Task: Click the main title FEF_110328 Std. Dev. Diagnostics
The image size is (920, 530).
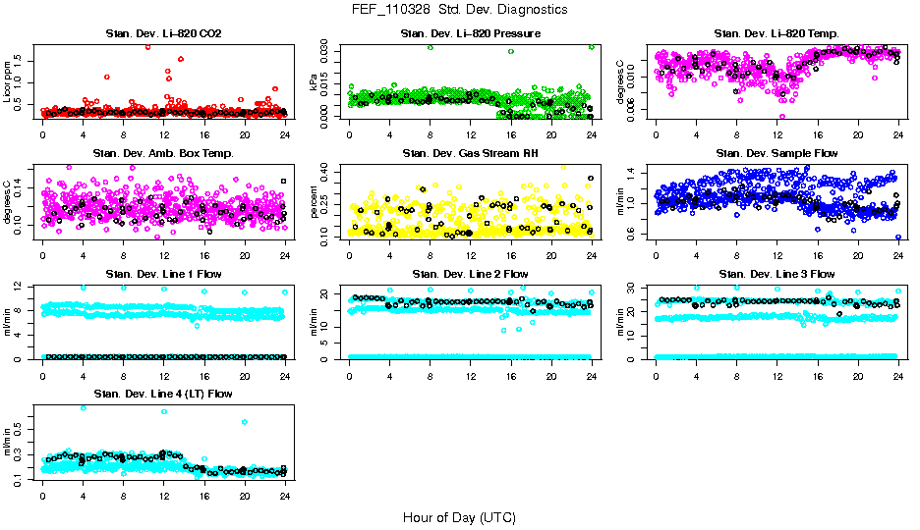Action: (x=459, y=10)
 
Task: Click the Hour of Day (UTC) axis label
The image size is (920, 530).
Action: (x=459, y=516)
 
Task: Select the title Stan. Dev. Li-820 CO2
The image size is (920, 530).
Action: (x=163, y=34)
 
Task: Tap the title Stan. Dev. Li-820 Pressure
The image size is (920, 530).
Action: (x=470, y=34)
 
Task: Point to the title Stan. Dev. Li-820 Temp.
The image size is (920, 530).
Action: (x=776, y=34)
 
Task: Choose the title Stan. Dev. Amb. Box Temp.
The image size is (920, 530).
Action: (x=163, y=153)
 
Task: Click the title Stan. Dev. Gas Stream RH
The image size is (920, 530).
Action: (x=470, y=153)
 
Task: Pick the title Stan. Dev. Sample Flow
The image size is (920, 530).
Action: (x=776, y=153)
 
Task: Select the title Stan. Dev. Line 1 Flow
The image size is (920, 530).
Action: (x=163, y=274)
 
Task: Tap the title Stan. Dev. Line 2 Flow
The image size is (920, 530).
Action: (x=470, y=274)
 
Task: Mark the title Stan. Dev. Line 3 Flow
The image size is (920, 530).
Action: (x=776, y=274)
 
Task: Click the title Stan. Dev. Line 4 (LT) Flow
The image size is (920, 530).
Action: (x=163, y=394)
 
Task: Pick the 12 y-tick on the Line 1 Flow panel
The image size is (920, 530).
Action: (x=22, y=287)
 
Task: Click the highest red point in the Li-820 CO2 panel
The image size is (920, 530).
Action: (x=147, y=46)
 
